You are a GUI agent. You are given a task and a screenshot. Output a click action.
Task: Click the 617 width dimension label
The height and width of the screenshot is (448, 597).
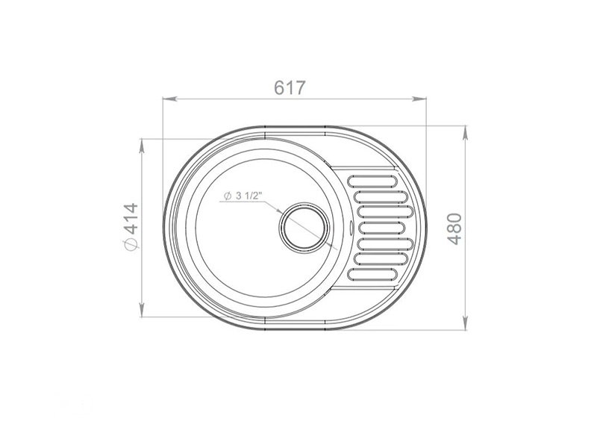(x=290, y=87)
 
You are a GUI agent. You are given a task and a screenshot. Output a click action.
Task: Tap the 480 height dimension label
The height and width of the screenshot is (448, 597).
(x=454, y=229)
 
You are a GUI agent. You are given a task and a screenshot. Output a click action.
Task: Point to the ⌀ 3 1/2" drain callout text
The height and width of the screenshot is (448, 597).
(x=244, y=196)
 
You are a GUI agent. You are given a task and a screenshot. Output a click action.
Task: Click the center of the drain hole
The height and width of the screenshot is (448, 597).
(x=304, y=228)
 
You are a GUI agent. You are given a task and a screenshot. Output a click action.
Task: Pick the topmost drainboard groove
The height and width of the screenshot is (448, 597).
(x=373, y=181)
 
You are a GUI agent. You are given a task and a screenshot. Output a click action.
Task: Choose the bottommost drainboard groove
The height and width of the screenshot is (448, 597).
(x=373, y=274)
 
